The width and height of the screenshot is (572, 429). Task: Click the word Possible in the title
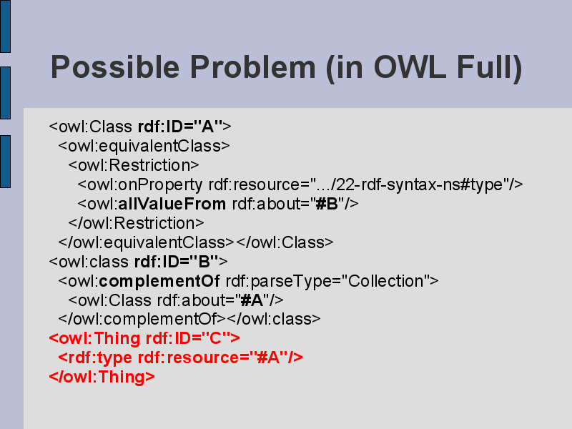tap(115, 68)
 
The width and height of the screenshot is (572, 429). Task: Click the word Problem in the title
tap(253, 67)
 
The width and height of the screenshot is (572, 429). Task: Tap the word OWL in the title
tap(410, 67)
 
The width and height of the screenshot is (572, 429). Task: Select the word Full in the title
tap(485, 67)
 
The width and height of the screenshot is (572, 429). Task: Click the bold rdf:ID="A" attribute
tap(180, 127)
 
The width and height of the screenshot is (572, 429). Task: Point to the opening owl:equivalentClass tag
tap(144, 146)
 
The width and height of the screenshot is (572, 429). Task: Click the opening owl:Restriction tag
tap(134, 165)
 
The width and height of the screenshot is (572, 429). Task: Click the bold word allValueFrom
tap(172, 204)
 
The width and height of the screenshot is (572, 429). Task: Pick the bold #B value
tap(327, 204)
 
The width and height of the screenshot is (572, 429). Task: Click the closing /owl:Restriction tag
tap(136, 223)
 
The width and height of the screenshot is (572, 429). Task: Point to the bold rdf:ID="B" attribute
tap(177, 262)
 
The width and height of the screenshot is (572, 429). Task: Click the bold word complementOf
tap(159, 281)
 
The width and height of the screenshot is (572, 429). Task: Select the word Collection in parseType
tap(386, 281)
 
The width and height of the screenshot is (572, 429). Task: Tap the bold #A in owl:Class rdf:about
tap(252, 300)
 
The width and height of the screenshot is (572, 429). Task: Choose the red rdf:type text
tap(99, 358)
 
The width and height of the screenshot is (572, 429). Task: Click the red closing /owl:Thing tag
tap(102, 377)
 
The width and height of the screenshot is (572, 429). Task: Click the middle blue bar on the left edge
tap(5, 93)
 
